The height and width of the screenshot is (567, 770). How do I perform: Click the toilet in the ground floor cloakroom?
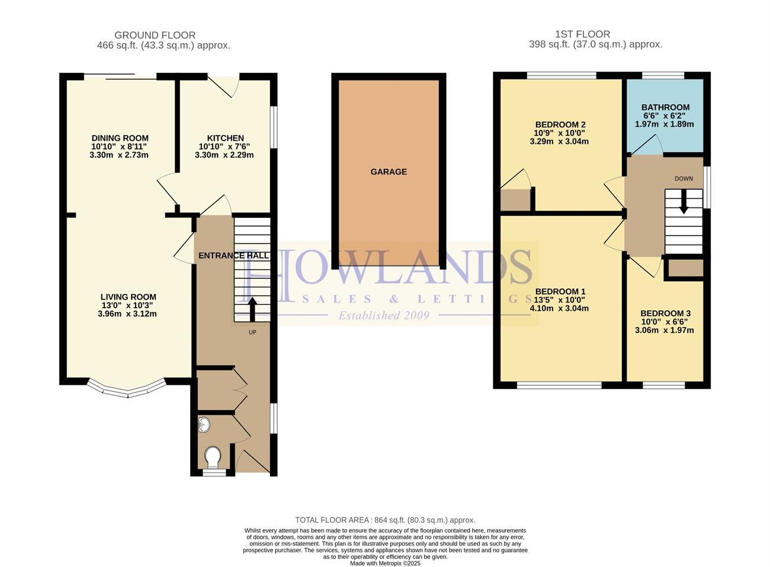tap(213, 457)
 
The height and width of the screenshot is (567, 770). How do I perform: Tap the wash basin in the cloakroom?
tap(204, 424)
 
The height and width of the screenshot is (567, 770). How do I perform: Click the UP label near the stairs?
tap(252, 333)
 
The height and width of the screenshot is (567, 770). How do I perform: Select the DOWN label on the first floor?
tap(684, 179)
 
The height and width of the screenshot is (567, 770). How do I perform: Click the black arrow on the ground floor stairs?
tap(252, 309)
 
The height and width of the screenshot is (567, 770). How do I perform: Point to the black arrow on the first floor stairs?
tap(684, 201)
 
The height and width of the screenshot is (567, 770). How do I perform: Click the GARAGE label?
tap(389, 172)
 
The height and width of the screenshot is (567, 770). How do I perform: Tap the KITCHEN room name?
tap(226, 138)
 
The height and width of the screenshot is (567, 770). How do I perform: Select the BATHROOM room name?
tap(665, 108)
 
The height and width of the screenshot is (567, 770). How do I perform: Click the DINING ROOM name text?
tap(120, 138)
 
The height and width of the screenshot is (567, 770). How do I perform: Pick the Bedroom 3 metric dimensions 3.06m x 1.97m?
tap(664, 330)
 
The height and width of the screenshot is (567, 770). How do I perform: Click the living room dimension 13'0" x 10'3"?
tap(127, 305)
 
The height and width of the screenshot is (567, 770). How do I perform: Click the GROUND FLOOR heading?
tap(155, 35)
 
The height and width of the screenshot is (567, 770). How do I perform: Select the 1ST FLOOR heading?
tap(583, 34)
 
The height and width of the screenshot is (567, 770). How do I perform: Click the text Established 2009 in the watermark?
tap(384, 315)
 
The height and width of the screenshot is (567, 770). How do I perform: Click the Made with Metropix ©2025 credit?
tap(385, 563)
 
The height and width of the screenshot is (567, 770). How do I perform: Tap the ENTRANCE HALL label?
tap(234, 256)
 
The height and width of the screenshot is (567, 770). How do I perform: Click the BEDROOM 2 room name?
tap(560, 125)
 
